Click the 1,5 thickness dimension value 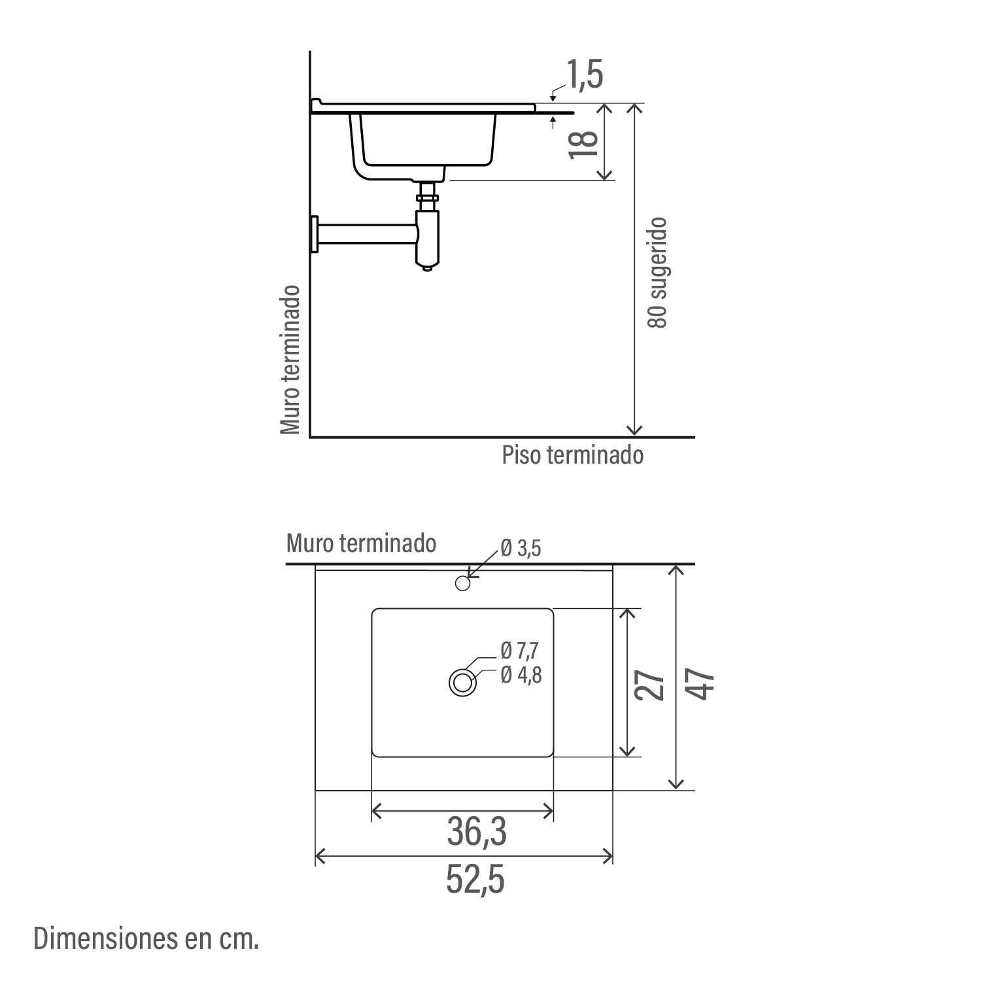click(585, 75)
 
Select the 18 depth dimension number click(584, 143)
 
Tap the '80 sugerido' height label click(657, 273)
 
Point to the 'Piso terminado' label click(573, 455)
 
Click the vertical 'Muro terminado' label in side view click(290, 360)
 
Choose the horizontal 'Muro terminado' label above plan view click(361, 543)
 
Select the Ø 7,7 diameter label click(521, 651)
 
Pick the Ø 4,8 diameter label click(521, 674)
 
